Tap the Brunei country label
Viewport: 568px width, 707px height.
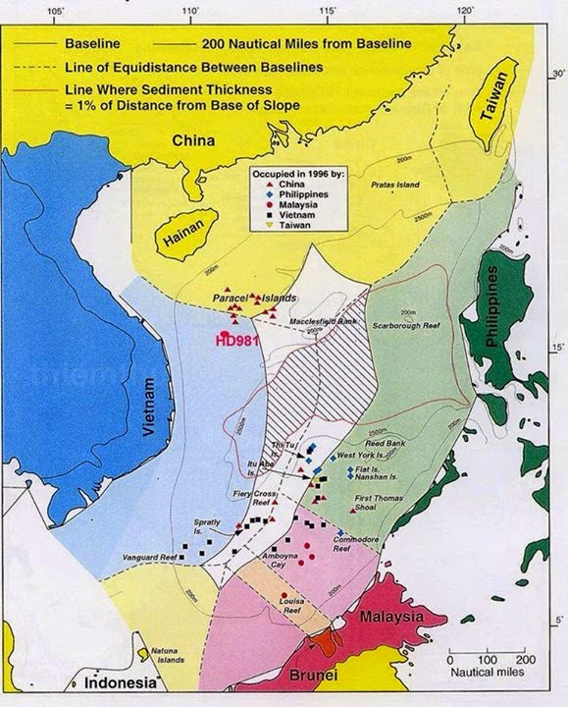[x=316, y=677]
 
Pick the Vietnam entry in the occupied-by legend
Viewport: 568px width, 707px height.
[x=291, y=214]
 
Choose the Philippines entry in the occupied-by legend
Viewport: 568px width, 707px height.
[x=297, y=194]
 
